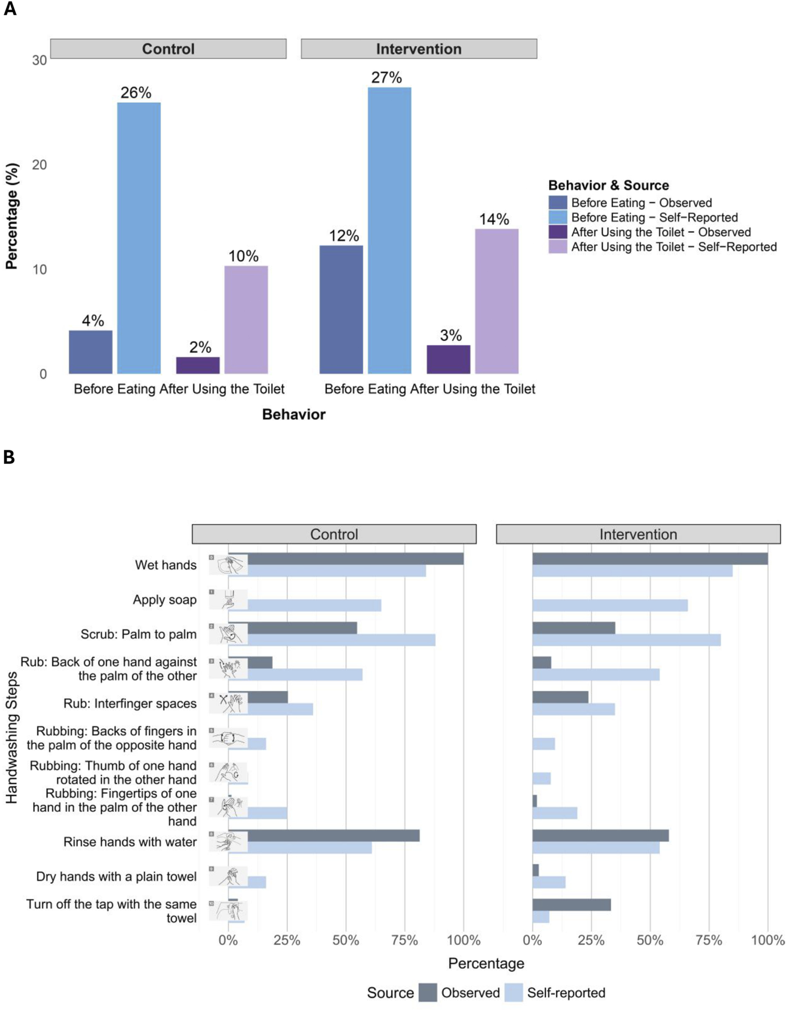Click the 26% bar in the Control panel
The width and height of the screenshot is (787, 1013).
click(x=139, y=238)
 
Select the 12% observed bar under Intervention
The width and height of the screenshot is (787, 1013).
click(x=341, y=309)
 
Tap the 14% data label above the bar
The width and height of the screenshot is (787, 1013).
click(x=494, y=219)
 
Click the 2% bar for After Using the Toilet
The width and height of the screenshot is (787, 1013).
click(x=197, y=365)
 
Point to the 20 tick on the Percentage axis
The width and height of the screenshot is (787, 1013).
click(x=39, y=165)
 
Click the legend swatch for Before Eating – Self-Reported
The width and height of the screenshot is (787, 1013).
click(x=558, y=217)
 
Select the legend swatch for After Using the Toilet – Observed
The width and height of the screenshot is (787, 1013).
click(x=558, y=232)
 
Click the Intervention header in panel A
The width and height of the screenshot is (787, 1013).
click(x=418, y=49)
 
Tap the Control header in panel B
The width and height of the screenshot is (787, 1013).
click(x=334, y=534)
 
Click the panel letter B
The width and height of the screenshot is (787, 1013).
click(x=9, y=457)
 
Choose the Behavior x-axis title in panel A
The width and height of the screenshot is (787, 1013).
click(x=294, y=414)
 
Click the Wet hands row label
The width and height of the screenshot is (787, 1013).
click(x=165, y=565)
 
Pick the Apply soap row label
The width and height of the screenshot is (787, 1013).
click(x=164, y=600)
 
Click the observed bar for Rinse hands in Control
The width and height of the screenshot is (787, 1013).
click(x=334, y=836)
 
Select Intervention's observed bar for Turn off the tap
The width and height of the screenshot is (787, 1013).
click(x=571, y=905)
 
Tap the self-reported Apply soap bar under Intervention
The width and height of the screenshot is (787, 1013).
click(x=610, y=605)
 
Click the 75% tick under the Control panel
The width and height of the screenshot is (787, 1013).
click(x=405, y=940)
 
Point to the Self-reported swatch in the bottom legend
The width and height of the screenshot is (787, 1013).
click(x=513, y=992)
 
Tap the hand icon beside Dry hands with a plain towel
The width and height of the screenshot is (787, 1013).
click(x=228, y=876)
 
